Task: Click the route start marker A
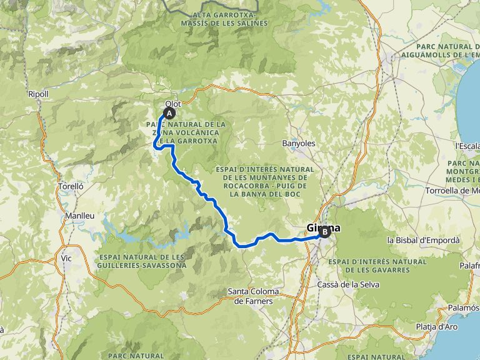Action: [169, 113]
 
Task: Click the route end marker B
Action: [324, 232]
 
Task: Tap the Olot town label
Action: [172, 104]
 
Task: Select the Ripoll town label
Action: [38, 94]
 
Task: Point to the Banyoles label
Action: [299, 143]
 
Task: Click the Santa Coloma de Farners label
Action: [257, 296]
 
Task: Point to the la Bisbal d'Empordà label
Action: [423, 240]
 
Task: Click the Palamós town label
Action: [464, 307]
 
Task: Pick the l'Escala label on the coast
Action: [467, 146]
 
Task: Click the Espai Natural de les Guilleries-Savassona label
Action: [142, 261]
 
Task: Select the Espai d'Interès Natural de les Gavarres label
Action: [377, 266]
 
